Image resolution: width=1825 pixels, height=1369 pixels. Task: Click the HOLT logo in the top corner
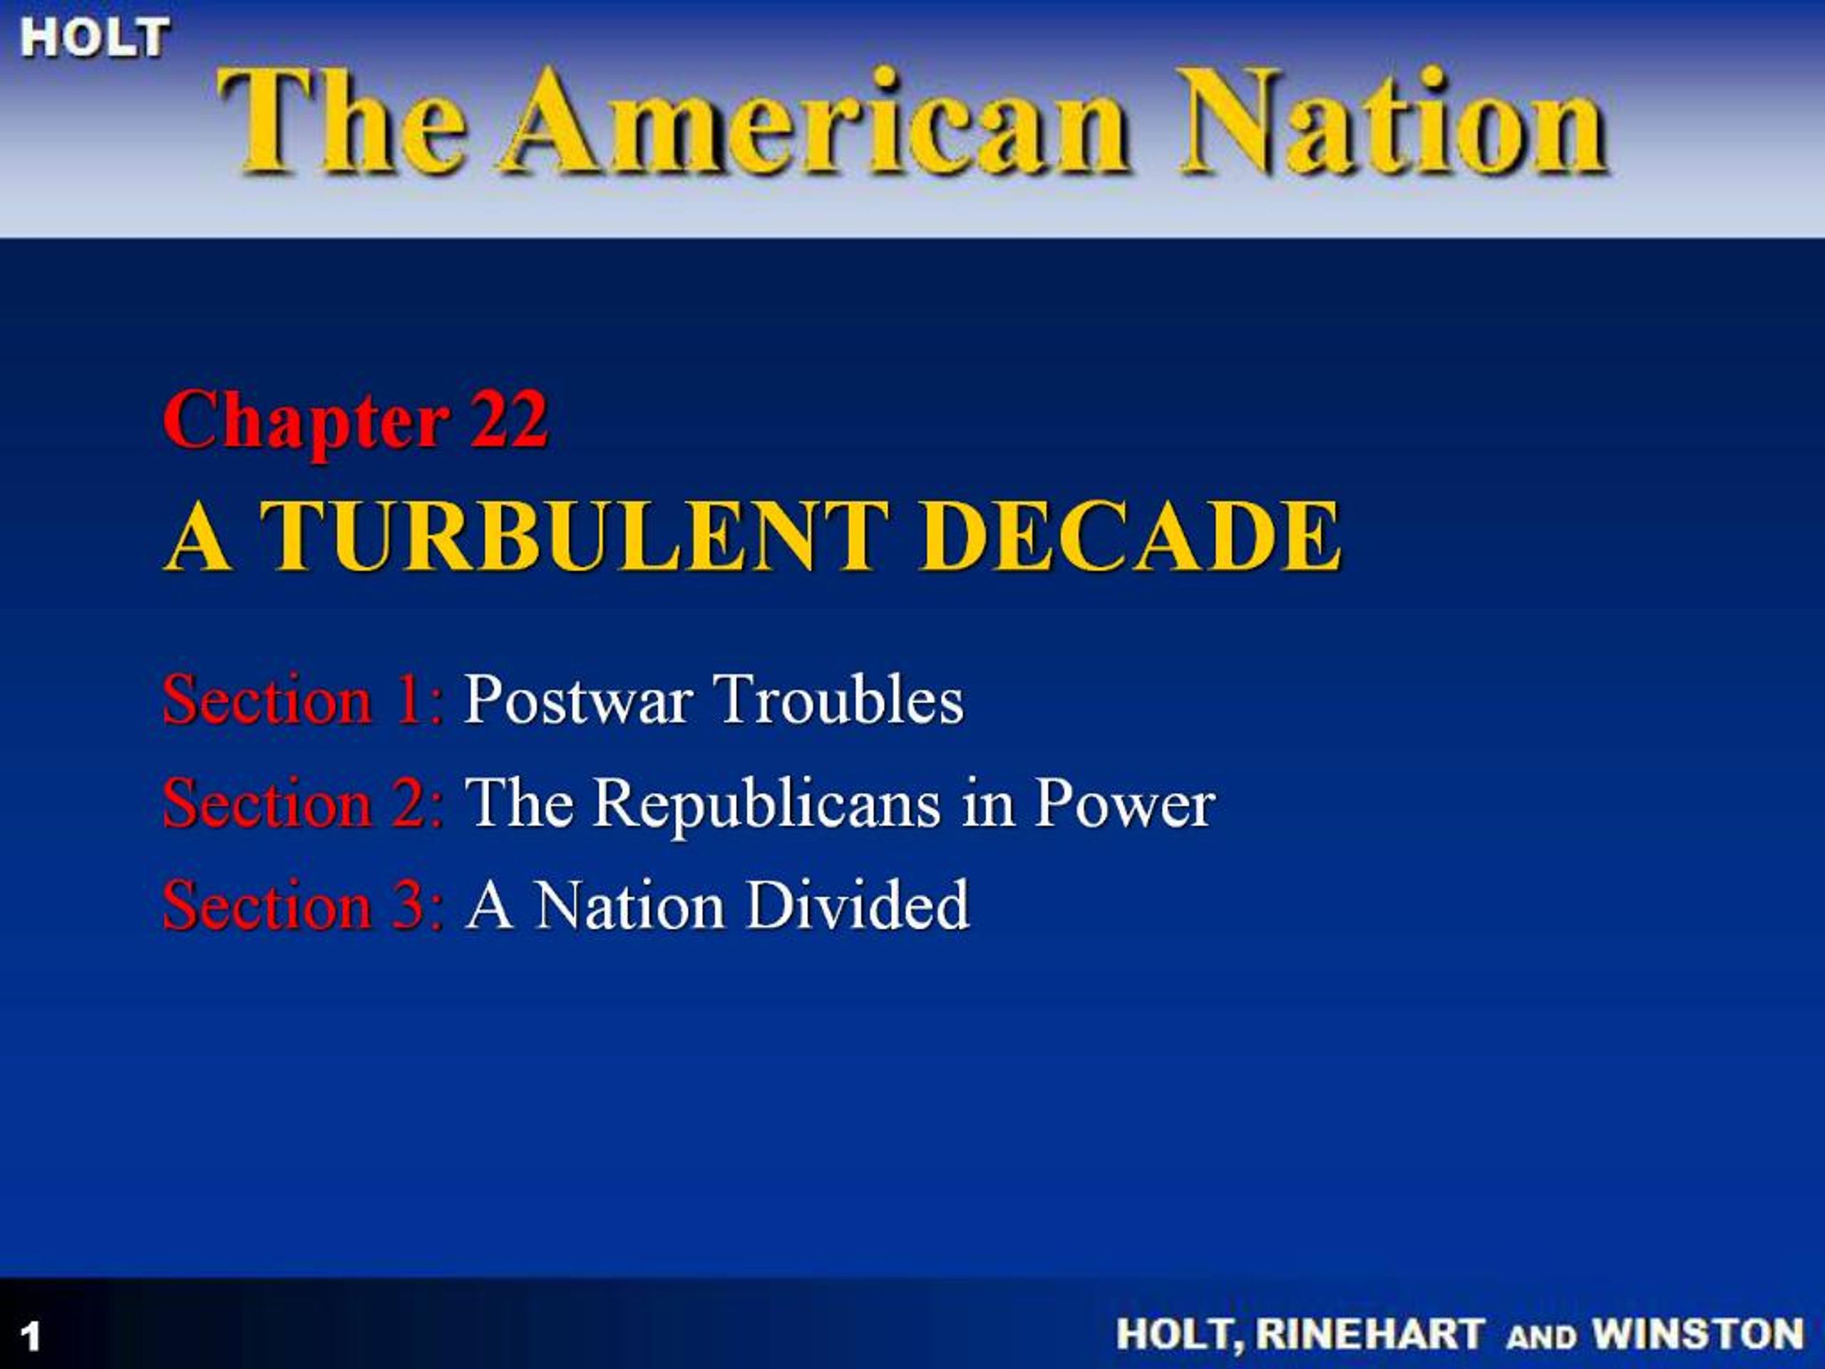[x=95, y=38]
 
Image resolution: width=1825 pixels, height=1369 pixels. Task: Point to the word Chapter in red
[x=307, y=423]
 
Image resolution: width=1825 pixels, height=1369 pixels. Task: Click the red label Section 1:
[x=304, y=699]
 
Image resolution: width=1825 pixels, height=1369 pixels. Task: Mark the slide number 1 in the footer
[x=31, y=1336]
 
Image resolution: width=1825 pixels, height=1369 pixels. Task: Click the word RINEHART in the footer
[x=1369, y=1333]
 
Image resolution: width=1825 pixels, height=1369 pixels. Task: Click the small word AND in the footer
[x=1540, y=1336]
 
